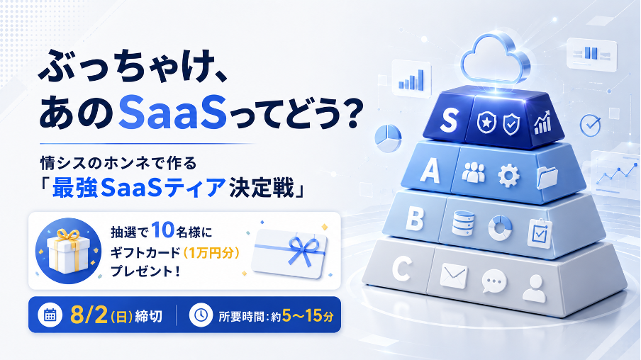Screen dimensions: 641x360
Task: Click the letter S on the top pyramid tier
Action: coord(448,120)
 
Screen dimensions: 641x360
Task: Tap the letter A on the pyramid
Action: coord(430,170)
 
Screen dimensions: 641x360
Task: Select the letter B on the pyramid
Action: coord(415,218)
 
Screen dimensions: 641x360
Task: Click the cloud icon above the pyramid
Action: coord(496,60)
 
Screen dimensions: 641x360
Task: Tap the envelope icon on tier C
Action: coord(454,276)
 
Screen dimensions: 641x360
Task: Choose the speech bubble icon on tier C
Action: coord(494,281)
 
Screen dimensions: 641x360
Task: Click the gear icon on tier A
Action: coord(508,176)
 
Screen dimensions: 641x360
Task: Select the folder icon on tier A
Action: coord(547,177)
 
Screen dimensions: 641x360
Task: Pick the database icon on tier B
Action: coord(463,223)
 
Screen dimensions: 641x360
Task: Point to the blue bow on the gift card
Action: coord(303,250)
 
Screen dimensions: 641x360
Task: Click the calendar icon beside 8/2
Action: coord(50,315)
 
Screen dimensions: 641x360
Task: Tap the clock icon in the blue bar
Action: coord(201,315)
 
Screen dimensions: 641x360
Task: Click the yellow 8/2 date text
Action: coord(89,315)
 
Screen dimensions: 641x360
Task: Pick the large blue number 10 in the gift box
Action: coord(162,231)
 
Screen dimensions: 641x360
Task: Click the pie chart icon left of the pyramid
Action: coord(388,137)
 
